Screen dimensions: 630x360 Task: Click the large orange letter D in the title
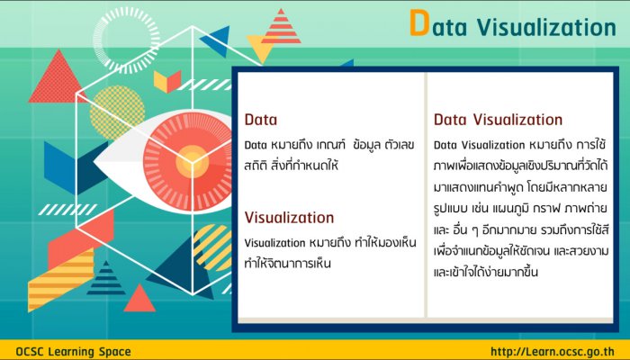[419, 23]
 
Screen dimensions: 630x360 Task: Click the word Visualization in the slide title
[547, 27]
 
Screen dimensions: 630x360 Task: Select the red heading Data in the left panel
[261, 120]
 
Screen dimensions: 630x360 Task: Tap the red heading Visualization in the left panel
[289, 218]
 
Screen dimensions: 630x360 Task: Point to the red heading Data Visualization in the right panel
[499, 120]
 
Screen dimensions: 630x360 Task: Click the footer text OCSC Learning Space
[74, 352]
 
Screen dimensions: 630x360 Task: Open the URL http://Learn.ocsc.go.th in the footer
[553, 352]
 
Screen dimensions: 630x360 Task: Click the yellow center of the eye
[192, 161]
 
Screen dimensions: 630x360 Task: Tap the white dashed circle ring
[126, 40]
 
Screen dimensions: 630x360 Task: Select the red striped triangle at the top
[281, 26]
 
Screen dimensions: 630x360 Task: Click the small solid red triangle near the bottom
[139, 299]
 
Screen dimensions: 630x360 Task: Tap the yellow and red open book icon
[167, 82]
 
